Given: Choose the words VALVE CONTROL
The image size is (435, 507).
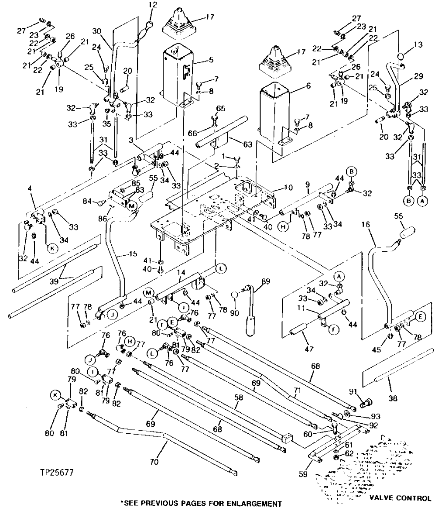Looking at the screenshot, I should click(399, 497).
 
